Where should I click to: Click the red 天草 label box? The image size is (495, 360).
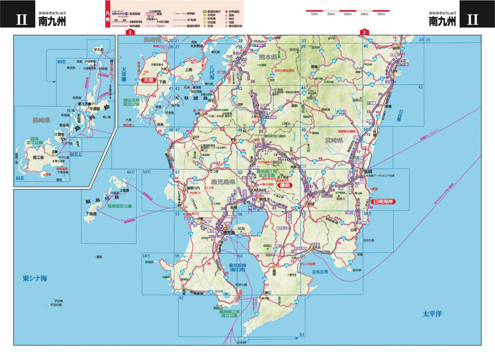click(x=149, y=80)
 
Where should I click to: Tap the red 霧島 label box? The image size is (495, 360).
click(x=285, y=185)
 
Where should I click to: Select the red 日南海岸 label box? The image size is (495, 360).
click(x=382, y=202)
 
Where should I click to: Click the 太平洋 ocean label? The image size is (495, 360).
click(x=432, y=314)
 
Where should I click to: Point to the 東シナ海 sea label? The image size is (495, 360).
click(x=35, y=278)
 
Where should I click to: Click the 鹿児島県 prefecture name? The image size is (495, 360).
click(x=223, y=182)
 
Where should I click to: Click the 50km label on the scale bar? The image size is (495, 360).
click(x=381, y=14)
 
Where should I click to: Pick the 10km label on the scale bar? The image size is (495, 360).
click(x=314, y=14)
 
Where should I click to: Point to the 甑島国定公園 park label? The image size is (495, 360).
click(x=119, y=206)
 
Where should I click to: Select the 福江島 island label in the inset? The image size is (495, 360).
click(x=38, y=157)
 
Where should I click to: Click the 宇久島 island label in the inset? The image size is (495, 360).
click(x=98, y=50)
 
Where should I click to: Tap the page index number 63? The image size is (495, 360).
click(x=301, y=334)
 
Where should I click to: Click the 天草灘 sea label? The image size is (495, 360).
click(x=123, y=74)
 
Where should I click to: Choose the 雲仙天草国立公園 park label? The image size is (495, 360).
click(x=131, y=102)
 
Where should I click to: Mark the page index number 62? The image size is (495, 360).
click(x=181, y=298)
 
